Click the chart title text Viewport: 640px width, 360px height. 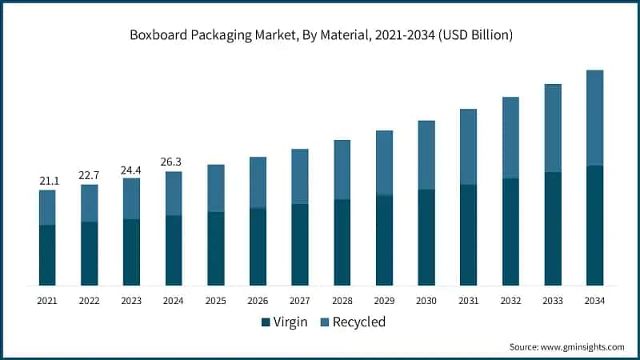pos(319,35)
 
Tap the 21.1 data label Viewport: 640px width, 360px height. pos(47,181)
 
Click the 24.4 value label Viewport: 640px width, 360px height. pos(131,169)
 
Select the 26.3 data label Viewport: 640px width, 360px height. pos(174,162)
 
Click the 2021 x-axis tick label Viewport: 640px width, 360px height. pos(47,300)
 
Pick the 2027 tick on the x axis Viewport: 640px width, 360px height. pos(300,300)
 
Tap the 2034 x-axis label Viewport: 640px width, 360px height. pos(594,300)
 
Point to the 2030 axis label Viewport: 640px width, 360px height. pos(426,300)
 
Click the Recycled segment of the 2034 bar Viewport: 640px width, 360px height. pos(594,118)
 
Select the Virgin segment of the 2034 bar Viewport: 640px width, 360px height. pos(594,225)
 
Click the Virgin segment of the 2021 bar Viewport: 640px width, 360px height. pos(47,255)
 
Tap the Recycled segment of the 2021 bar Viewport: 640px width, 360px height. pos(47,207)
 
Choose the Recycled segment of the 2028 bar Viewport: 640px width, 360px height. pos(342,170)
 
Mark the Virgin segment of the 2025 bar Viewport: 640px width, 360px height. pos(216,248)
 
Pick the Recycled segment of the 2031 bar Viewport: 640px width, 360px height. pos(468,146)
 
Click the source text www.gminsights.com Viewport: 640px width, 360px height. pos(566,346)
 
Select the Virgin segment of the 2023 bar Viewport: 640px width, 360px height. pos(131,252)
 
